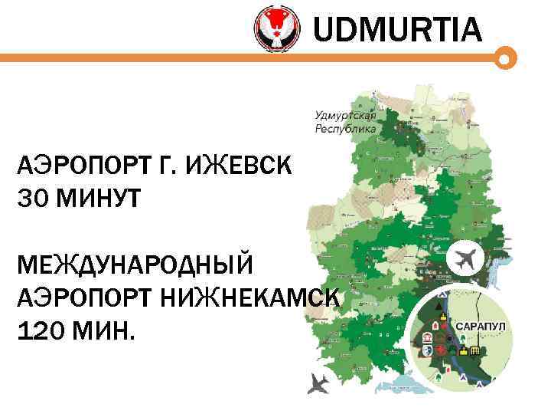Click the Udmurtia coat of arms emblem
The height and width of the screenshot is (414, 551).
pos(276,29)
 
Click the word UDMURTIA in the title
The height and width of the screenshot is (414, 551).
pos(398,30)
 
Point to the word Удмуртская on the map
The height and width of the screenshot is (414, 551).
pos(346,115)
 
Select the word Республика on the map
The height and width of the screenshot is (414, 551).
pos(346,129)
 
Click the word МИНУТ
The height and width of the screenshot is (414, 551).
pos(99,199)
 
